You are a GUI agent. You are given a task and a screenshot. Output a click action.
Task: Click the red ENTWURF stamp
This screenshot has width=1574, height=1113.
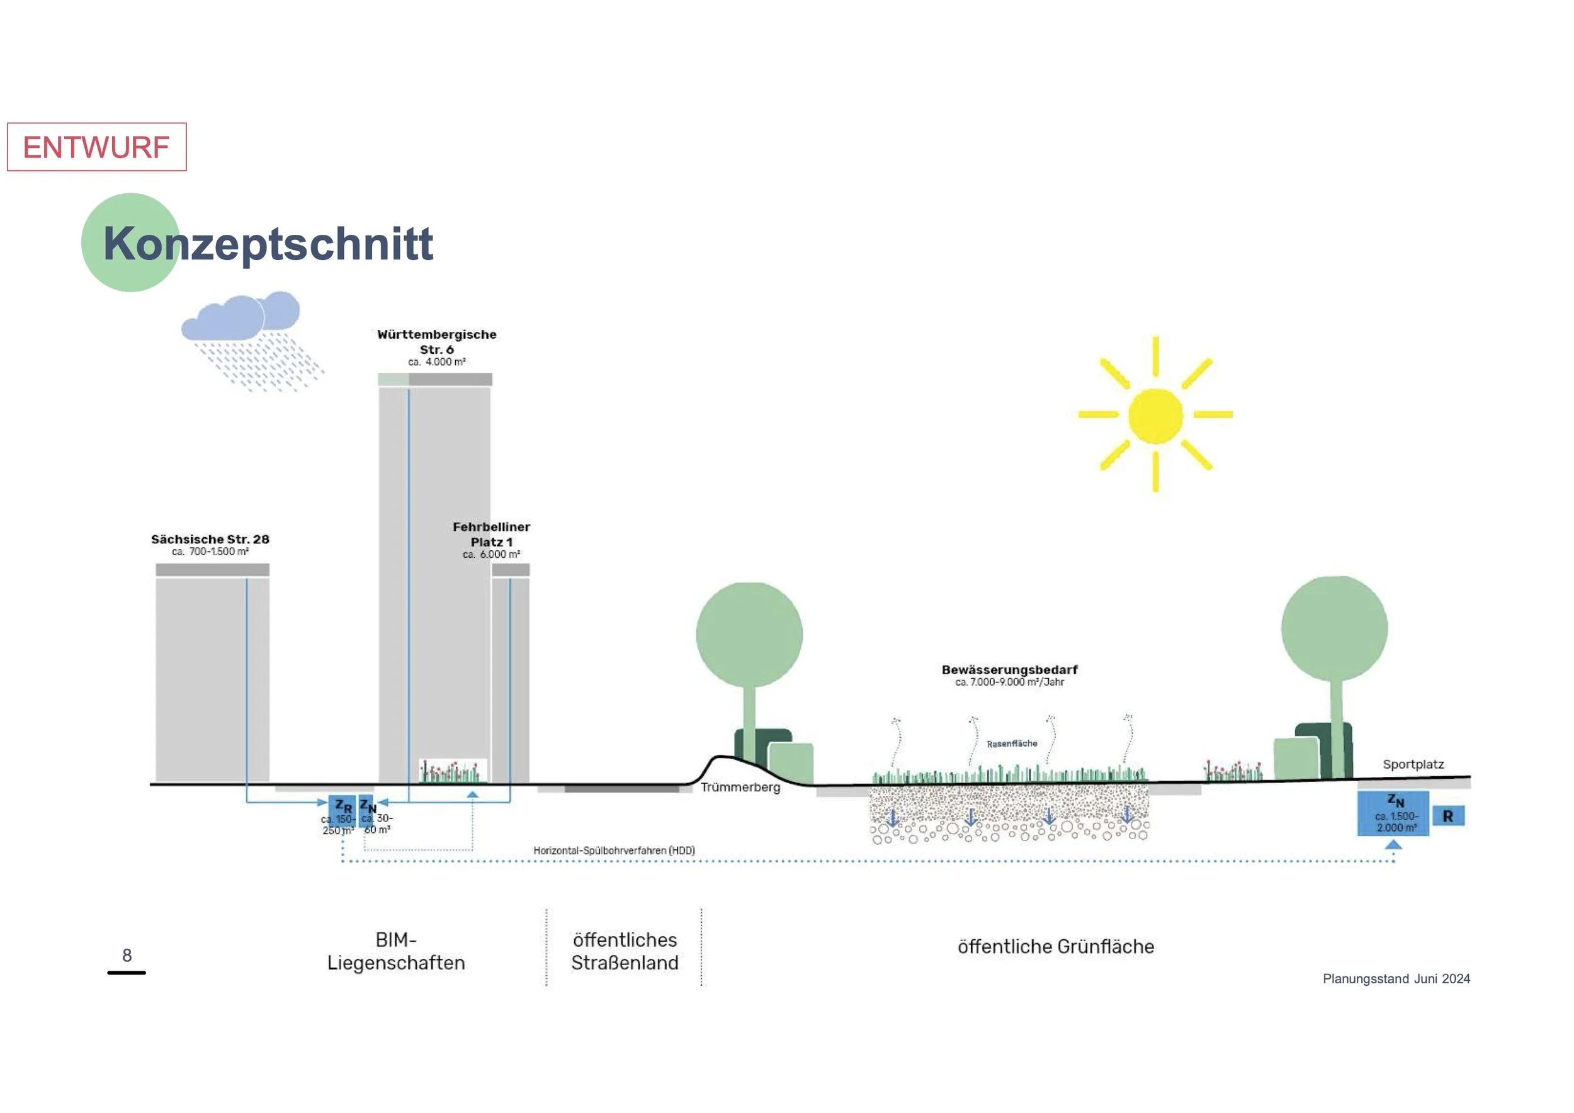pyautogui.click(x=97, y=147)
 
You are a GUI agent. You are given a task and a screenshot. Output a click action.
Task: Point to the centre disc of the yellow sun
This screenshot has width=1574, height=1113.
pyautogui.click(x=1155, y=415)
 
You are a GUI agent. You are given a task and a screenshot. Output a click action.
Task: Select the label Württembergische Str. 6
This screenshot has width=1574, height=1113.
pyautogui.click(x=437, y=342)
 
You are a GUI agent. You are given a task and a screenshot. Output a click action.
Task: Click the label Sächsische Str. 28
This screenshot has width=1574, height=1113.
pyautogui.click(x=210, y=540)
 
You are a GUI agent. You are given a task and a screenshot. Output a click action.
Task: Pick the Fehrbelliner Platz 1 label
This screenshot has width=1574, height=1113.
pyautogui.click(x=491, y=534)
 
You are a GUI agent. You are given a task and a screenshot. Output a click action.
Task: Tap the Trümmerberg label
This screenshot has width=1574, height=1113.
pyautogui.click(x=740, y=788)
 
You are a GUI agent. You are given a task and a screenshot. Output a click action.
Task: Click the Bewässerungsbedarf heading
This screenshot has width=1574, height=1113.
pyautogui.click(x=1009, y=670)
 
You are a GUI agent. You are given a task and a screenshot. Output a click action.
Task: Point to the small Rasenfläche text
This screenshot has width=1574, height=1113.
pyautogui.click(x=1012, y=743)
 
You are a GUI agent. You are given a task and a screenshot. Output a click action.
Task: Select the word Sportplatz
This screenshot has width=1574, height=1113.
pyautogui.click(x=1413, y=764)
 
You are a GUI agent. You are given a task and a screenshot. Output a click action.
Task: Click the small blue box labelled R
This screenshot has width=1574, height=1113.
pyautogui.click(x=1448, y=816)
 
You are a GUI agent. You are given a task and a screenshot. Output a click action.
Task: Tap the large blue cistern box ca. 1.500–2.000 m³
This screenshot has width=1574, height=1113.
pyautogui.click(x=1393, y=813)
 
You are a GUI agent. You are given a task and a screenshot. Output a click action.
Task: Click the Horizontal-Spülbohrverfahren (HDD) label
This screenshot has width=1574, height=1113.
pyautogui.click(x=614, y=850)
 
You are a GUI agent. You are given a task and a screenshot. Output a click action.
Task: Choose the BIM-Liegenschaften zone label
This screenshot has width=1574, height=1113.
pyautogui.click(x=396, y=951)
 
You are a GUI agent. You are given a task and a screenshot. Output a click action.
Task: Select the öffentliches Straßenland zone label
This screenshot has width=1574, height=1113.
pyautogui.click(x=625, y=951)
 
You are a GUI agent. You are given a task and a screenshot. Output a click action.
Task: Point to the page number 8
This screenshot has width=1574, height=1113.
pyautogui.click(x=127, y=956)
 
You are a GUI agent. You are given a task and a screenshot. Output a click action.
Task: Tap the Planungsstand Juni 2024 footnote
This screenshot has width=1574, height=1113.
pyautogui.click(x=1396, y=979)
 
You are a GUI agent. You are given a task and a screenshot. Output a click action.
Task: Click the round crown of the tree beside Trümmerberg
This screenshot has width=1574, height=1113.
pyautogui.click(x=749, y=635)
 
